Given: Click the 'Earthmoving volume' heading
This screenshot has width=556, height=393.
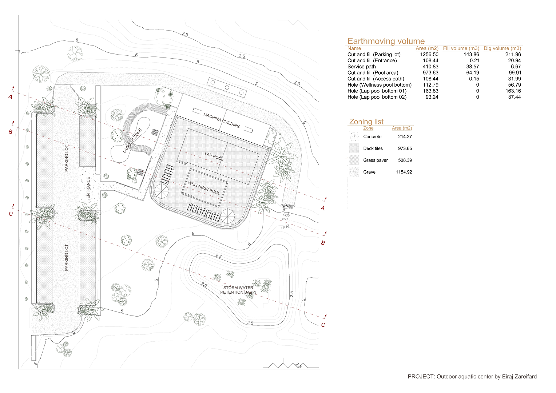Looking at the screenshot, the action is [x=386, y=41].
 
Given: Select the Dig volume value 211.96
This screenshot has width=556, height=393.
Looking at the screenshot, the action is [x=513, y=54].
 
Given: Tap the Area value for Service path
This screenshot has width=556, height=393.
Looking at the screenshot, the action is [x=430, y=67].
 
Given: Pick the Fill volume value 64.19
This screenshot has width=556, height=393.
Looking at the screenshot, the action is [x=473, y=73].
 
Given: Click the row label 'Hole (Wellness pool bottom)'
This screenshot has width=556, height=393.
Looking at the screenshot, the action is [x=379, y=85].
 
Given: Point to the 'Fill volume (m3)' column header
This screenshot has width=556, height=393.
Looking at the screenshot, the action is [x=461, y=48].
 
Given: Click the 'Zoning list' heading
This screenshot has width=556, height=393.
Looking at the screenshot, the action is [x=366, y=122].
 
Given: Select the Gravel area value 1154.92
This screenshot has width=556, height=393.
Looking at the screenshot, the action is [x=404, y=172].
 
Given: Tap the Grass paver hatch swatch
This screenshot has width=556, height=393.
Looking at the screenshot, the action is [x=354, y=160].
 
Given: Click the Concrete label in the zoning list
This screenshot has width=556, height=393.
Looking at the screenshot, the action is [x=372, y=137].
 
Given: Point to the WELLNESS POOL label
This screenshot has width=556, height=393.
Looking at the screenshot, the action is [x=204, y=188].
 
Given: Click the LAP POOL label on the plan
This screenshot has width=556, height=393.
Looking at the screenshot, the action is [x=214, y=156].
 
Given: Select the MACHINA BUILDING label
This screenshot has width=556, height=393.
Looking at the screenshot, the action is [x=222, y=120].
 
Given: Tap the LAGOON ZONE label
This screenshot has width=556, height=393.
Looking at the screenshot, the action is [x=132, y=140].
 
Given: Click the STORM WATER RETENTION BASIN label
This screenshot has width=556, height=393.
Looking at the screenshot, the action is [x=238, y=290].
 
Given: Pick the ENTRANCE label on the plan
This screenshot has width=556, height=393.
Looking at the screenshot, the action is [x=88, y=188].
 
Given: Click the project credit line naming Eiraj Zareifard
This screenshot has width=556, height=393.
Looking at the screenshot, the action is [x=472, y=377].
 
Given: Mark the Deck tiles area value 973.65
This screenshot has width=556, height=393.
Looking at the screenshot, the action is [x=405, y=148].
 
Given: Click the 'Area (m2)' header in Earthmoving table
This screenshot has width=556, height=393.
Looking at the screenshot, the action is [x=427, y=48].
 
